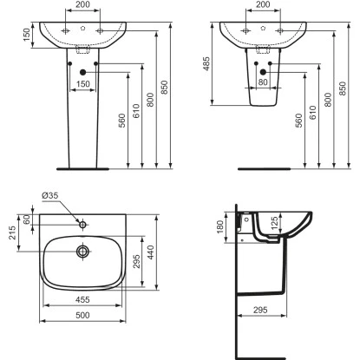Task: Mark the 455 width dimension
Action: point(83,298)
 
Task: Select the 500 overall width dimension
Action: point(83,317)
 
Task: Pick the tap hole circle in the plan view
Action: point(83,225)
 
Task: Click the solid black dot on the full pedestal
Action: point(83,72)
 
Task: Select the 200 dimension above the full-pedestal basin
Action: point(82,6)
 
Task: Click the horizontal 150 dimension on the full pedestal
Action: point(83,85)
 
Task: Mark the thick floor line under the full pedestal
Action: point(82,168)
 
